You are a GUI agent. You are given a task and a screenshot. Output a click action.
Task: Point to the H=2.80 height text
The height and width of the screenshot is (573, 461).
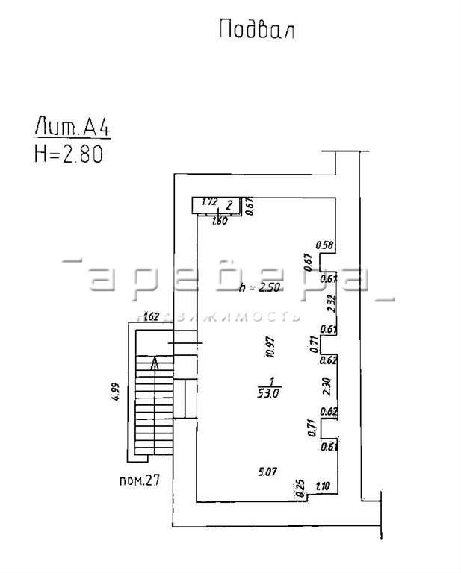(68, 153)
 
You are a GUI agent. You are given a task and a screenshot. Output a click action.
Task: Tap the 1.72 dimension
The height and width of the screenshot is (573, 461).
(210, 202)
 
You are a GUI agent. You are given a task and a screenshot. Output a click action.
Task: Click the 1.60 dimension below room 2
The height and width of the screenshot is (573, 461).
(220, 221)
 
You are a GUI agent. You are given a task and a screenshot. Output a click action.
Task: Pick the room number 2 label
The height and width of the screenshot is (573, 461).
(229, 203)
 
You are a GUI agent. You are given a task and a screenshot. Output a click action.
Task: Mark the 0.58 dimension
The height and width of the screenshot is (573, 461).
(324, 245)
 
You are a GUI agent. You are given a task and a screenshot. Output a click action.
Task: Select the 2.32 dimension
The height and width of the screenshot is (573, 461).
(329, 304)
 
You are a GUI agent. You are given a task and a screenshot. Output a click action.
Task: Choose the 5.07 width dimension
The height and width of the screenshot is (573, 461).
(267, 472)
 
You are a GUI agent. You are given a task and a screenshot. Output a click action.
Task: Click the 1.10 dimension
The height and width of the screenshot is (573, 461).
(323, 486)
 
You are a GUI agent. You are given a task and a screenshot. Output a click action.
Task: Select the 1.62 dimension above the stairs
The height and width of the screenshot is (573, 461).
(152, 316)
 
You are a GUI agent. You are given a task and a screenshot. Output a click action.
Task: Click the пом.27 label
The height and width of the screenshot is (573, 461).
(140, 480)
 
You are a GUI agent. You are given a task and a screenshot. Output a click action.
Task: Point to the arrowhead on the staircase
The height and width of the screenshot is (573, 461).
(155, 363)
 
